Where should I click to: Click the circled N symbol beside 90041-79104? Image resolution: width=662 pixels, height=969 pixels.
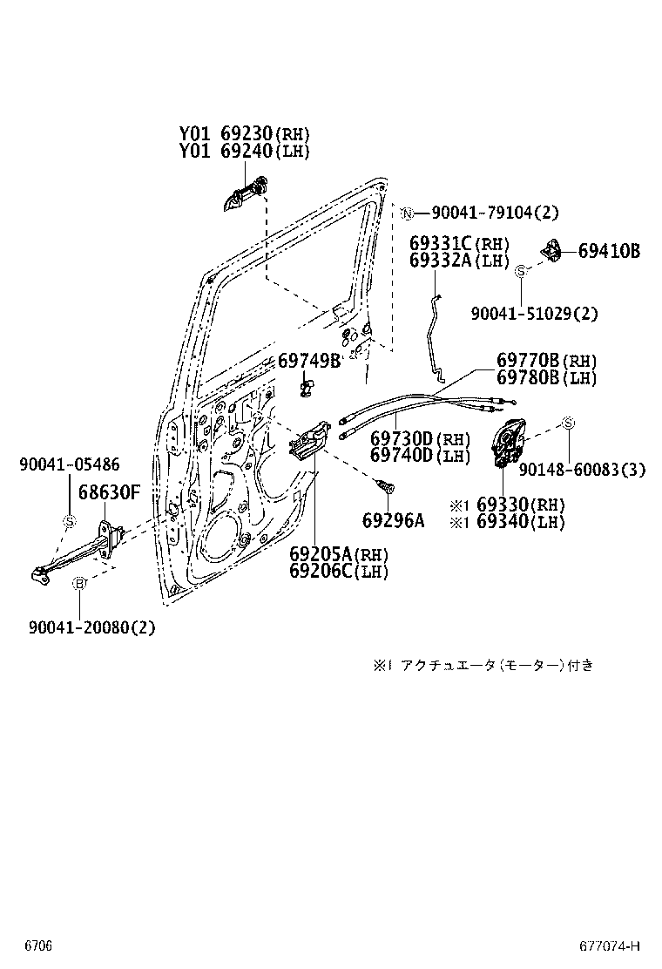406,213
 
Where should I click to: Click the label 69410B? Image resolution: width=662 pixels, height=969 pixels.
609,251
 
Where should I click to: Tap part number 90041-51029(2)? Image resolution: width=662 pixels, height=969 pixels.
535,313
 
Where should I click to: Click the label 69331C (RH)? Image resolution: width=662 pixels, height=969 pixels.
460,243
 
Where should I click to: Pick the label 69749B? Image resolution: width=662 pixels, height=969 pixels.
309,361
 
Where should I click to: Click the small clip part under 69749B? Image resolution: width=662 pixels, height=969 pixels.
306,384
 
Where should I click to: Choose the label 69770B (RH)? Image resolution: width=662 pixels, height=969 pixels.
547,361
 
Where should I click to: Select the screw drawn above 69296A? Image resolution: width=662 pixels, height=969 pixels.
383,484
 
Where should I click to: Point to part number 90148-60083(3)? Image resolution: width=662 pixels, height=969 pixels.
582,470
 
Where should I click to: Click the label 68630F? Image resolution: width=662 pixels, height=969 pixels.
109,491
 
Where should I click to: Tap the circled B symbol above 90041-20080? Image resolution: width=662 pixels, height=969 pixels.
78,583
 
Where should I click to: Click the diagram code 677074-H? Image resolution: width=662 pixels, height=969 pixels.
610,946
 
